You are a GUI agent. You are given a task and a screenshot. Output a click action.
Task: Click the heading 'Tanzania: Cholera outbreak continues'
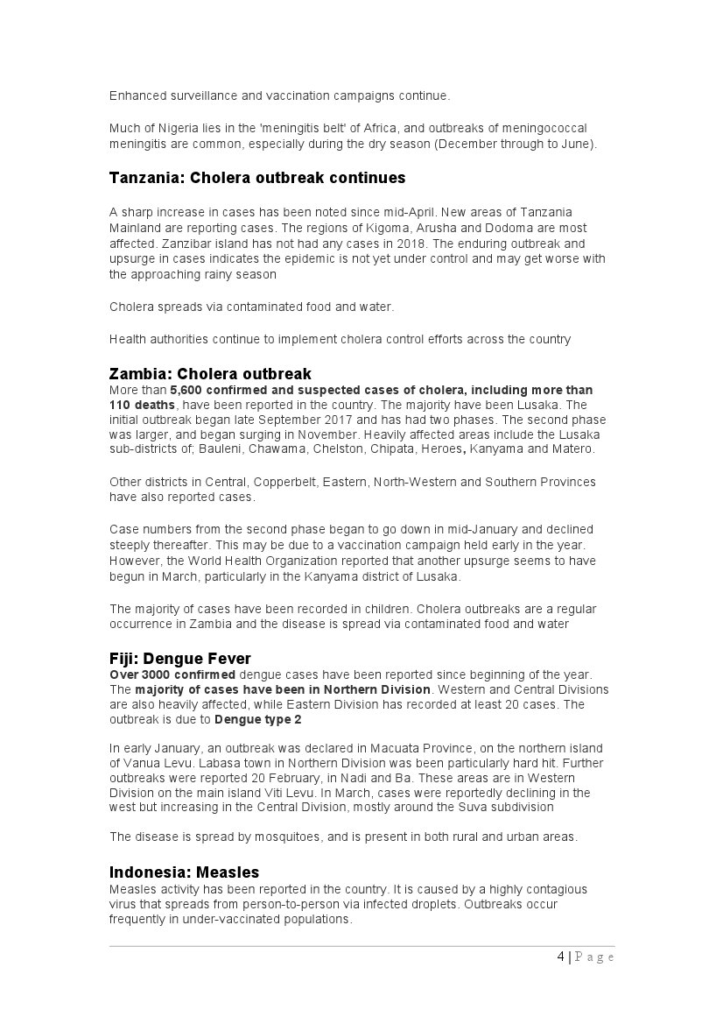tap(257, 178)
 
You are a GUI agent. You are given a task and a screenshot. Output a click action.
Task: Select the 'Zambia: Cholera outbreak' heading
tap(210, 374)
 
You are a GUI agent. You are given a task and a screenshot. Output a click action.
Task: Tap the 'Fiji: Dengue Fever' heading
tap(180, 658)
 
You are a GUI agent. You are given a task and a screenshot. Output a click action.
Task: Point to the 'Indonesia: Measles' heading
tap(184, 872)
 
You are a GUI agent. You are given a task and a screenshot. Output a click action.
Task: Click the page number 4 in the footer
tap(560, 957)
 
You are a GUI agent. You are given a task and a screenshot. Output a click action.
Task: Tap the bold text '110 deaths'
tap(142, 406)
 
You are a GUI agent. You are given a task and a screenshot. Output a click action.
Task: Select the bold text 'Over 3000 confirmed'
tap(172, 674)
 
